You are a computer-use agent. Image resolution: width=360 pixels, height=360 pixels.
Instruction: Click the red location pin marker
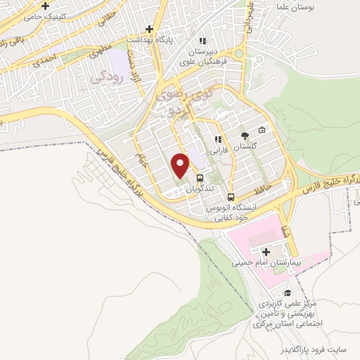coord(181,165)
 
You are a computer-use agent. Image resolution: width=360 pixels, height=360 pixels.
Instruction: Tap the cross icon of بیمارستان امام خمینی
coord(266,252)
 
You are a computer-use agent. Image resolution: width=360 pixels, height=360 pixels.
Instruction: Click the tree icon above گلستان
coord(244,136)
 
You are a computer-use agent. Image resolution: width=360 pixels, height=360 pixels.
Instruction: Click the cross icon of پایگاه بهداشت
coord(148,29)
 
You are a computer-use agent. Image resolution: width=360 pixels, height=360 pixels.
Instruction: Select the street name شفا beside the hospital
coord(283,231)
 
